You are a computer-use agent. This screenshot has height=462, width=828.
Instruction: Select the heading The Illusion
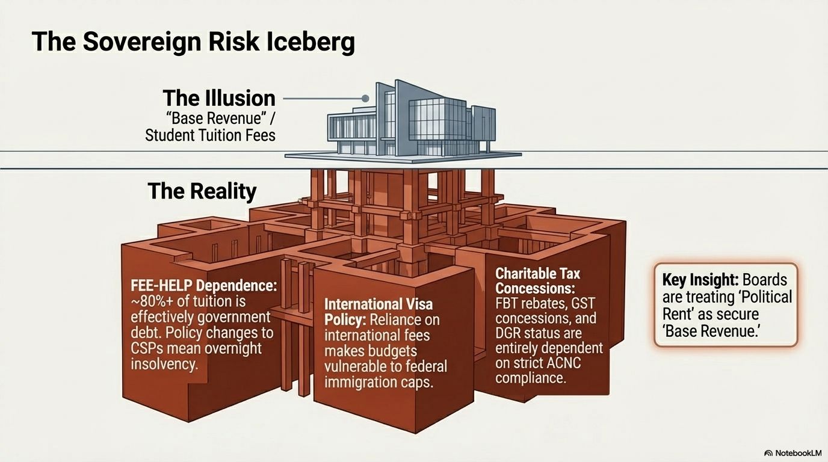(x=219, y=98)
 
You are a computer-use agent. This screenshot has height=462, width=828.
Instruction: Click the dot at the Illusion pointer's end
(x=365, y=98)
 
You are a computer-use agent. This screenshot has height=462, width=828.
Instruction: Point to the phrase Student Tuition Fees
(x=210, y=135)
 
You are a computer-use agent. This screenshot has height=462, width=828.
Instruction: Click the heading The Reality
(x=202, y=191)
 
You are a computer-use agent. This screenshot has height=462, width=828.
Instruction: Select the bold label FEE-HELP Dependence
(x=203, y=286)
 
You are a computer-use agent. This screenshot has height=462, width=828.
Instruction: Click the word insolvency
(x=164, y=365)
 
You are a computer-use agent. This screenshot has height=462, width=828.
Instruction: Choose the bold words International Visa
(x=378, y=304)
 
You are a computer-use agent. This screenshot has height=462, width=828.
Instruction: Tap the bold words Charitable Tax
(x=538, y=274)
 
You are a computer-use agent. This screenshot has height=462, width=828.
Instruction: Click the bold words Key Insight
(x=700, y=280)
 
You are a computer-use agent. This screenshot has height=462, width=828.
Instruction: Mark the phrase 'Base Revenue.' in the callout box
(x=711, y=331)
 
